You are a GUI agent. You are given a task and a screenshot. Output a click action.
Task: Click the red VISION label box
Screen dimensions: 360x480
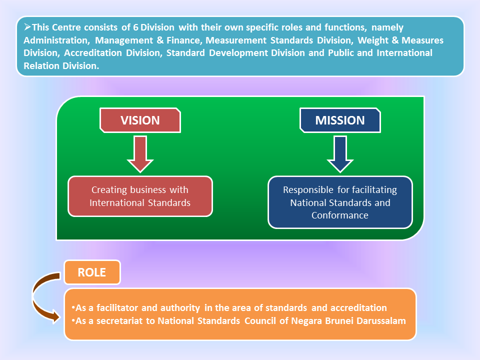(x=140, y=120)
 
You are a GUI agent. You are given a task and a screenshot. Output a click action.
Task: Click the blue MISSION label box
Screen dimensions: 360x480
(x=340, y=120)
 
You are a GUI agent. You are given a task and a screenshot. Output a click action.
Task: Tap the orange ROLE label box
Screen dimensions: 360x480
(x=92, y=272)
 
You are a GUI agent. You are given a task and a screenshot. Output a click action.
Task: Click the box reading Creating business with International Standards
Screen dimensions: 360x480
(x=140, y=196)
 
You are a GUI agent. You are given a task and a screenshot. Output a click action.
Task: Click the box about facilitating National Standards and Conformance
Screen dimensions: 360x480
(x=340, y=202)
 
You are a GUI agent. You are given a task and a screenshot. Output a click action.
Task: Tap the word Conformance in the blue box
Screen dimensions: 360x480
(x=340, y=215)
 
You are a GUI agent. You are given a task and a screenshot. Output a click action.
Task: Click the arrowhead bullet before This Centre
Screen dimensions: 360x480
(x=27, y=28)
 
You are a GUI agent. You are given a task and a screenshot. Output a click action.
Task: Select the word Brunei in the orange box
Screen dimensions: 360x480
(x=339, y=320)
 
